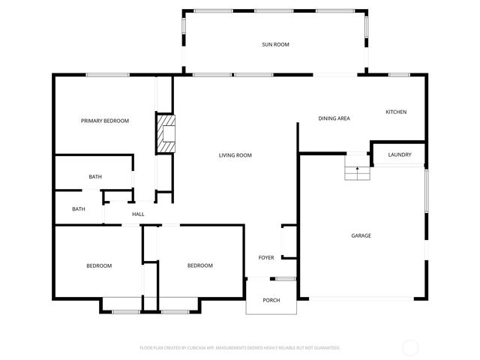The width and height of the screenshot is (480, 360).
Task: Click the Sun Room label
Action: click(275, 45)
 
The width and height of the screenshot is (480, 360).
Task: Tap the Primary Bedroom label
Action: click(105, 121)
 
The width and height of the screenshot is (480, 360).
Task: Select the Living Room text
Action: click(235, 155)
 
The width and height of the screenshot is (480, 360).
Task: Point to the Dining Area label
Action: click(334, 118)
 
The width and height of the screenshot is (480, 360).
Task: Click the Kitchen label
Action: click(396, 112)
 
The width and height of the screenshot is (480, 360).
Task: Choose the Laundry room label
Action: click(399, 155)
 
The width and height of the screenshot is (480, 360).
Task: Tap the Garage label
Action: click(361, 235)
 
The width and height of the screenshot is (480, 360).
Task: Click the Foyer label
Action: click(266, 257)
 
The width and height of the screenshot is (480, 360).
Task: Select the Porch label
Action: click(271, 300)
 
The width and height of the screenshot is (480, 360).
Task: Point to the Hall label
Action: click(138, 214)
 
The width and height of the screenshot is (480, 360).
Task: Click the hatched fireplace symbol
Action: click(166, 133)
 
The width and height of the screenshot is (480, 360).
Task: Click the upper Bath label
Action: click(95, 177)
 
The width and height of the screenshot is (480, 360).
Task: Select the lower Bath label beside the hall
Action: click(79, 209)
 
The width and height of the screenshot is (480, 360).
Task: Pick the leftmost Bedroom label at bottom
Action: click(99, 265)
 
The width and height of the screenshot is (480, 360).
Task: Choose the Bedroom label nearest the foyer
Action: click(199, 265)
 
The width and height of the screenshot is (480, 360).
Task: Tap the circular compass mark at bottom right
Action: click(410, 347)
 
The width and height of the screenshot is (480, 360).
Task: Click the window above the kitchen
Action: click(398, 74)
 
